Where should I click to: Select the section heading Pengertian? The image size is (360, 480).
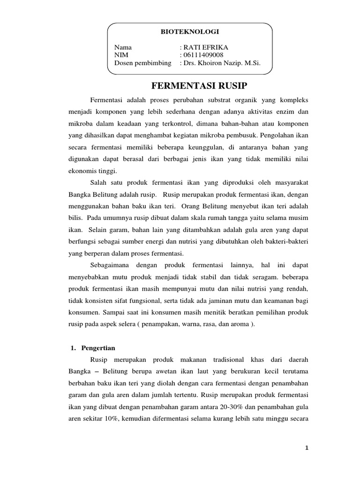[x=98, y=348]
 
